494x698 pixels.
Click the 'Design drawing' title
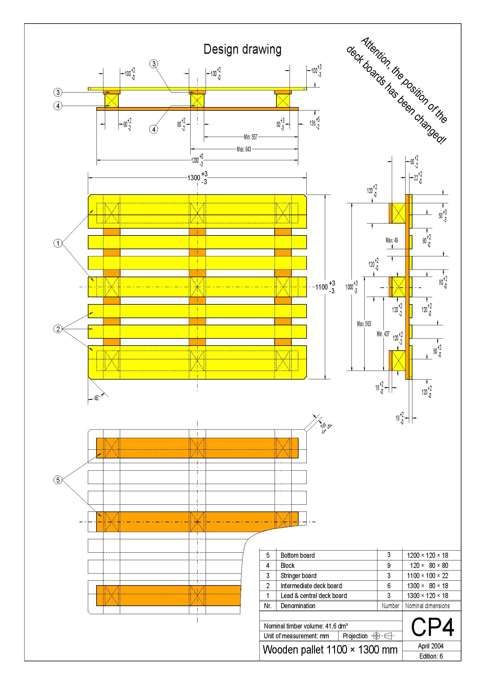242,49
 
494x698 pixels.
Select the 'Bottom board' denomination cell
297,555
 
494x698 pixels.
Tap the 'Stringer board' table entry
298,575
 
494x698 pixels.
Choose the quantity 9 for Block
389,566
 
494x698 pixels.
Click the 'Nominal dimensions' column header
427,605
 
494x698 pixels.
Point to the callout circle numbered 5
58,480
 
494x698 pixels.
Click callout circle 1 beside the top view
58,243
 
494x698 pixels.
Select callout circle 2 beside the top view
58,329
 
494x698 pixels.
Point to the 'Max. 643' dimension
244,149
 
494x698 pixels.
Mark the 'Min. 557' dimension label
250,137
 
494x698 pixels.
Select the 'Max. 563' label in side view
364,324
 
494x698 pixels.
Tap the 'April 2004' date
431,646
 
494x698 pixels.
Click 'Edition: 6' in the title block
431,656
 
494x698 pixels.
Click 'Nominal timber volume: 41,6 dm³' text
306,626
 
